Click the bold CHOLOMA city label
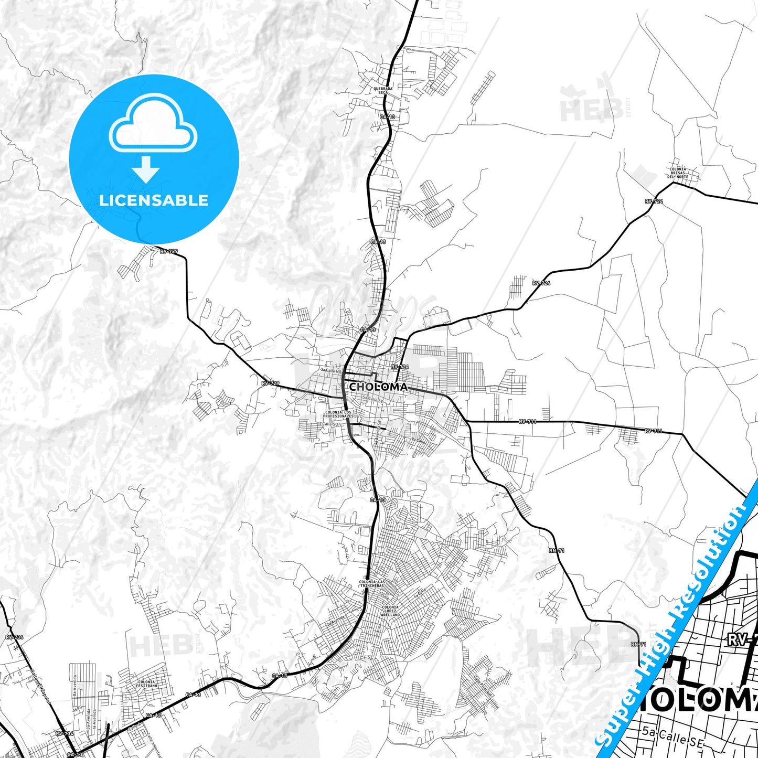(378, 387)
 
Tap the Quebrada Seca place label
(383, 91)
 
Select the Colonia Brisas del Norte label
(677, 173)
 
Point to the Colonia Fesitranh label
(146, 684)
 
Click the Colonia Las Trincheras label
(372, 584)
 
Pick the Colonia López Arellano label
(390, 610)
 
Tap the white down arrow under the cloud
(146, 169)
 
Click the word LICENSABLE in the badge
(154, 200)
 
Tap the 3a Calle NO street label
(330, 370)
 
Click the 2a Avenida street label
(336, 621)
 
